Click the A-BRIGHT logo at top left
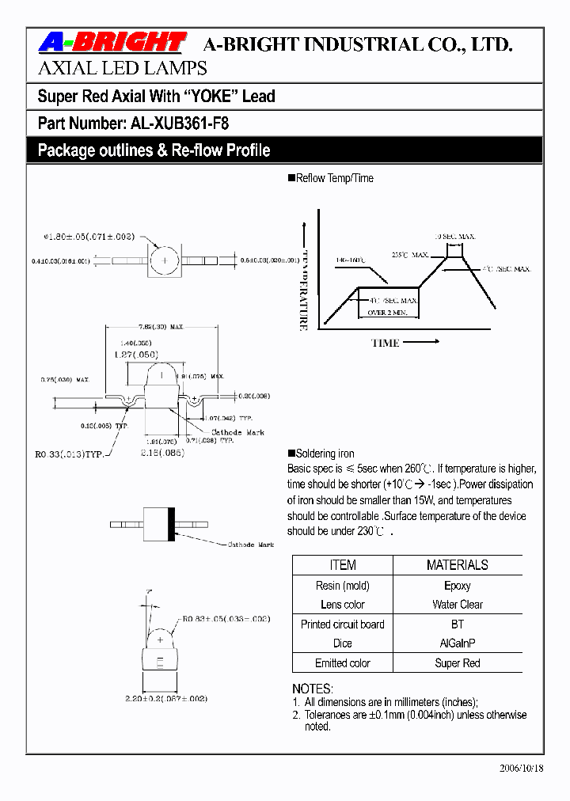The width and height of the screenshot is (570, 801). point(112,43)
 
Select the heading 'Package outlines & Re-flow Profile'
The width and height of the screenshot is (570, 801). point(154,150)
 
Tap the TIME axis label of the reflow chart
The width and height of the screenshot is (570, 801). point(386,343)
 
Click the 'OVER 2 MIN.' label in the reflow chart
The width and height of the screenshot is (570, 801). point(388,313)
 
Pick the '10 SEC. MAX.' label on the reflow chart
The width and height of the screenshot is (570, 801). point(455,237)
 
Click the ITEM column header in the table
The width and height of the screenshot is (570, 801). point(342,565)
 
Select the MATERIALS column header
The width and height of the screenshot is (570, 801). point(457,565)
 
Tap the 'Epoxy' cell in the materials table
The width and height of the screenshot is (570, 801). point(457,586)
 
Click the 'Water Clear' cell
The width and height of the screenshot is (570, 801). point(457,605)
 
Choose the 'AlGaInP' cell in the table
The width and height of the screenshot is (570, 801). point(457,643)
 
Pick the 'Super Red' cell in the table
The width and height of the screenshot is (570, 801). point(457,663)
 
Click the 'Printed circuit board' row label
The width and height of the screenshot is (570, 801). point(342,624)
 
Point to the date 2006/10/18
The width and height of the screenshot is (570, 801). point(522,769)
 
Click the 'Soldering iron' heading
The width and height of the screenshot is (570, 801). point(325,454)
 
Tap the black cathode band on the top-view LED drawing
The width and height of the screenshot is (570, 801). point(170,523)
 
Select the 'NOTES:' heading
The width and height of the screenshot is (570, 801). point(313,689)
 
